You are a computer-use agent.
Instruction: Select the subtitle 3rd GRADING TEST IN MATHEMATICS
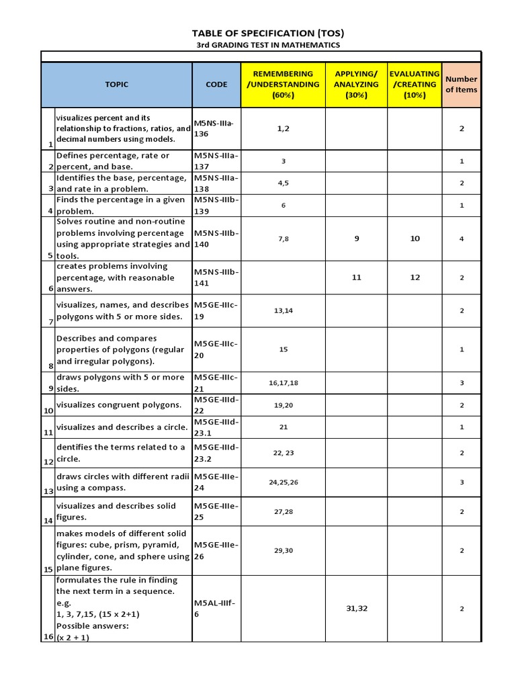point(259,45)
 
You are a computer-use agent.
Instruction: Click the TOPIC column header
point(116,85)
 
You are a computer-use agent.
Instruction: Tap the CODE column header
point(216,85)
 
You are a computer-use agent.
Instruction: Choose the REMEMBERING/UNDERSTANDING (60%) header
point(283,85)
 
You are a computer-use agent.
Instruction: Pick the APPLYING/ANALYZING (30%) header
point(356,85)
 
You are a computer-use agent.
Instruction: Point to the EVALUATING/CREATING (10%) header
point(415,85)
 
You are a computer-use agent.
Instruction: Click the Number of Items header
point(462,85)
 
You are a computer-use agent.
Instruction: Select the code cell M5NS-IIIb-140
point(216,239)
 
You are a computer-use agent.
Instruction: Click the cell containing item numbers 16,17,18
point(283,383)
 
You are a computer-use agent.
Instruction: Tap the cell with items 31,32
point(356,609)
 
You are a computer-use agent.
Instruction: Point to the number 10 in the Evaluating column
point(415,239)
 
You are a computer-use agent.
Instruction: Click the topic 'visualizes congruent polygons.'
point(119,405)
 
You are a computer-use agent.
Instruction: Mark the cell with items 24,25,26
point(283,482)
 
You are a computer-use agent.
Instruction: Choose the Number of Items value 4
point(462,239)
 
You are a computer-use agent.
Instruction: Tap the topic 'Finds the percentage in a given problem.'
point(120,206)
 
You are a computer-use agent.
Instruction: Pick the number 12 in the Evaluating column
point(415,277)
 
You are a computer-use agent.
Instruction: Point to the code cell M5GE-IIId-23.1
point(216,428)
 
